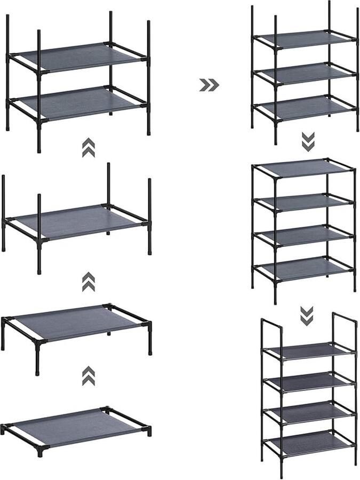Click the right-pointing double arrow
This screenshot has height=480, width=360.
click(x=209, y=85)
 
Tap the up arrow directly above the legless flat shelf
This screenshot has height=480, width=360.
click(x=89, y=376)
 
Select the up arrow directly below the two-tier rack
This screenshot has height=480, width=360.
click(x=89, y=148)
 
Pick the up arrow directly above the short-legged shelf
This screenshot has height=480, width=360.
click(x=89, y=282)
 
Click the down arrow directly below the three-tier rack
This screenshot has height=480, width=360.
click(x=308, y=141)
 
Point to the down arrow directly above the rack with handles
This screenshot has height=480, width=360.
click(x=306, y=316)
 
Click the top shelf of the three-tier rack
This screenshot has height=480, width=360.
click(x=304, y=39)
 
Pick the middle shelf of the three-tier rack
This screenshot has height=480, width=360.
click(x=304, y=72)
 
